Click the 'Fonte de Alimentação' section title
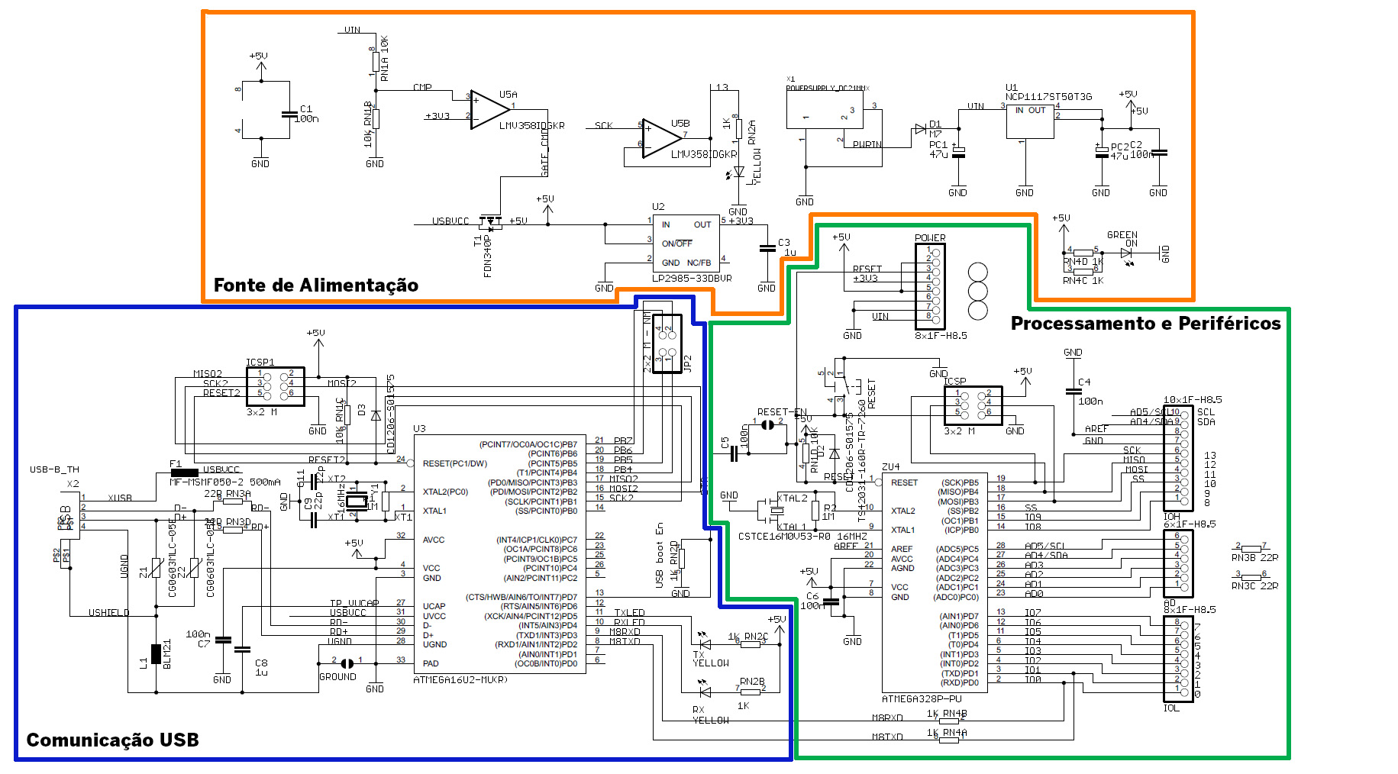pyautogui.click(x=315, y=285)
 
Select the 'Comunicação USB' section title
pyautogui.click(x=112, y=740)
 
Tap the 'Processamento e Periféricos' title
pyautogui.click(x=1145, y=324)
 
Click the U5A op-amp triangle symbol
pyautogui.click(x=489, y=109)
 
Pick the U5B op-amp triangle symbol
pyautogui.click(x=660, y=139)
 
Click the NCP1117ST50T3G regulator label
pyautogui.click(x=1048, y=97)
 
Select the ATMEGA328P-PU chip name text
pyautogui.click(x=922, y=698)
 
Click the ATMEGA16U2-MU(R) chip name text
pyautogui.click(x=460, y=679)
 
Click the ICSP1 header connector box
pyautogui.click(x=276, y=386)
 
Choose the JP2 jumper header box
pyautogui.click(x=667, y=343)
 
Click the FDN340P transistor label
pyautogui.click(x=488, y=256)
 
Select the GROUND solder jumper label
pyautogui.click(x=337, y=676)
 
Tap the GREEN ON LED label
pyautogui.click(x=1122, y=239)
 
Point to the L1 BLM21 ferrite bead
pyautogui.click(x=157, y=655)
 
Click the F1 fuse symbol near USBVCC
pyautogui.click(x=184, y=472)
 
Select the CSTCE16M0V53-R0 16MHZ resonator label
pyautogui.click(x=802, y=537)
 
